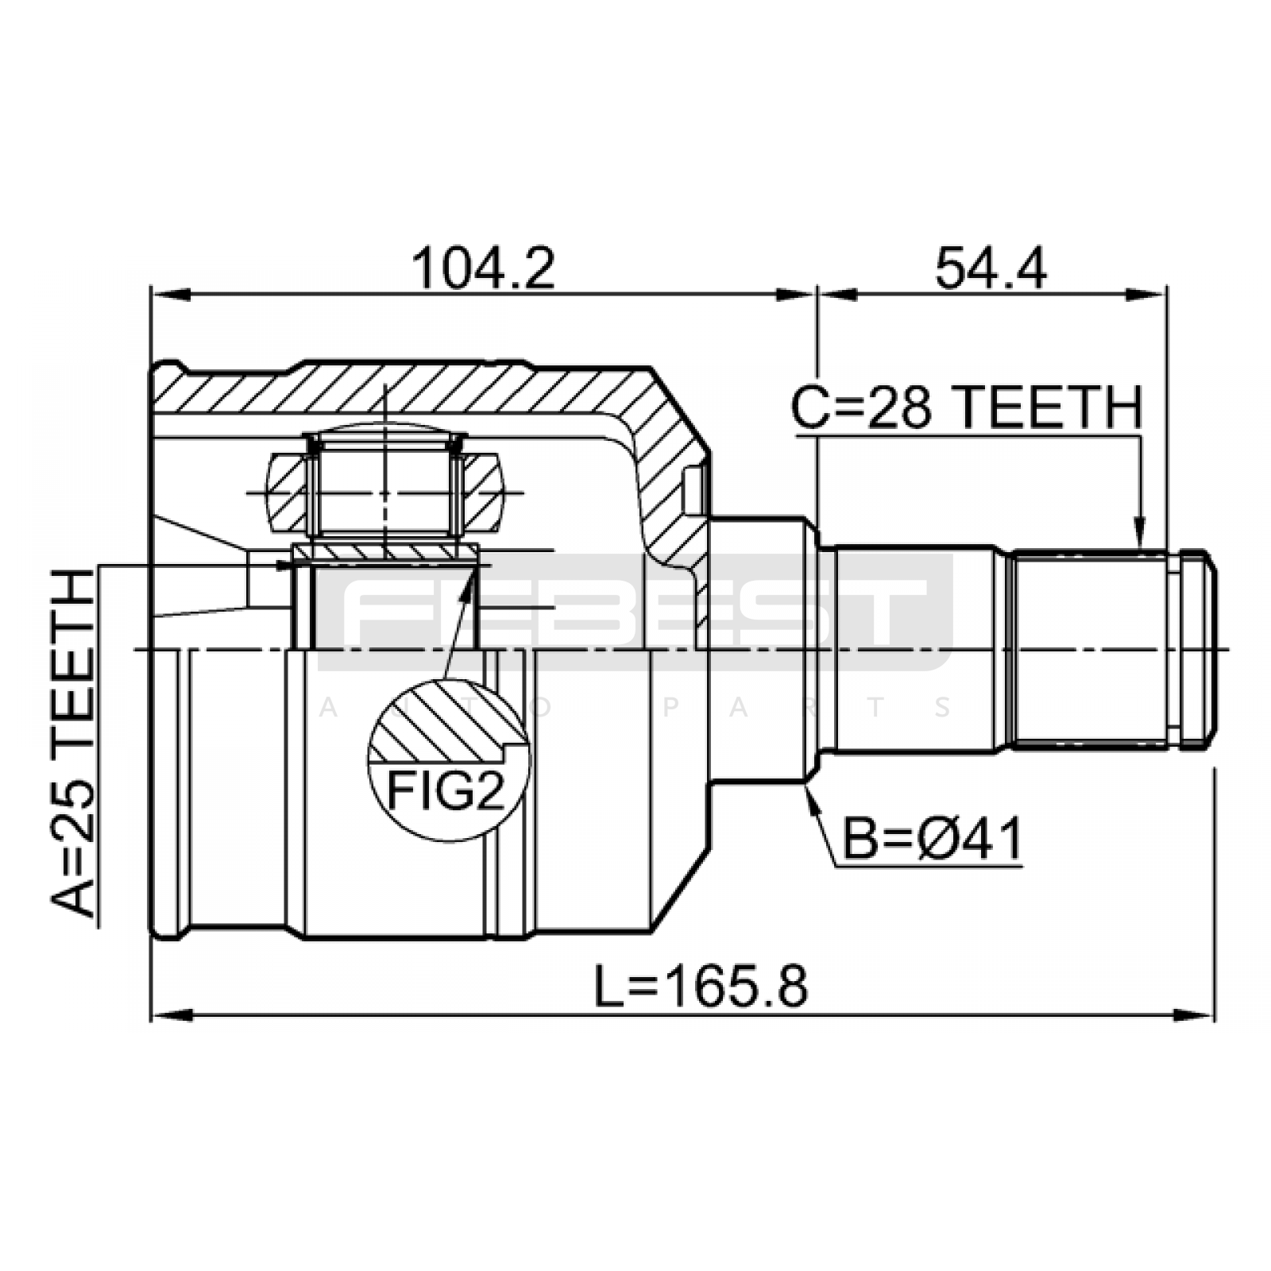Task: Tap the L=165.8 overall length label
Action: (701, 986)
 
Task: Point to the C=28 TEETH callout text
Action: (967, 408)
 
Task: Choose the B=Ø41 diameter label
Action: (932, 839)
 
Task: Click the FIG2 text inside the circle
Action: (446, 790)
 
